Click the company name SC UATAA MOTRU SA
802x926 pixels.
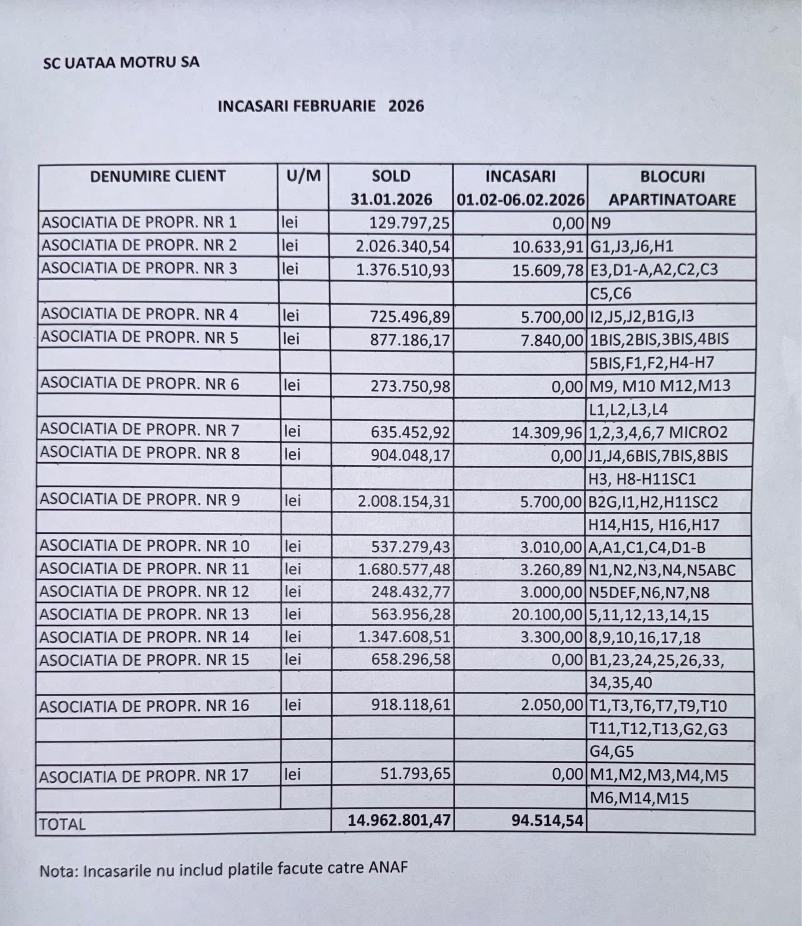121,62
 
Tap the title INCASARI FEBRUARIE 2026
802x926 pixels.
321,106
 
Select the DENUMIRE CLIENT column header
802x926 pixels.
158,176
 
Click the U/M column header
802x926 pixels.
303,176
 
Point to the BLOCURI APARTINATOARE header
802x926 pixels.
672,188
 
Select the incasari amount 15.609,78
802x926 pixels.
548,270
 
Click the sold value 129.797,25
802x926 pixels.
410,223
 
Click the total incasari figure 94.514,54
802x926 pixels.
547,820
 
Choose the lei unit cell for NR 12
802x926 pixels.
293,592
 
